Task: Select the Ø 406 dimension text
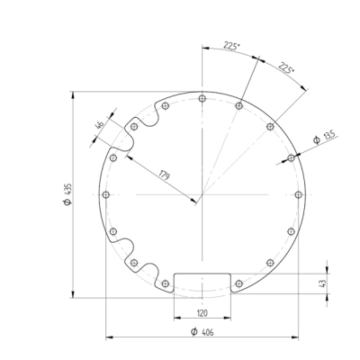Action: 202,331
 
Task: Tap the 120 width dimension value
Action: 202,312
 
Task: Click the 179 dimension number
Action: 164,174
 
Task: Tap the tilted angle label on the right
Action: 285,68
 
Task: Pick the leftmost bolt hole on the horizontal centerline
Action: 106,194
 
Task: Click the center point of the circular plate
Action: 202,194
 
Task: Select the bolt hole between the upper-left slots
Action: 134,127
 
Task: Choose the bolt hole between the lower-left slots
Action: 134,262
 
